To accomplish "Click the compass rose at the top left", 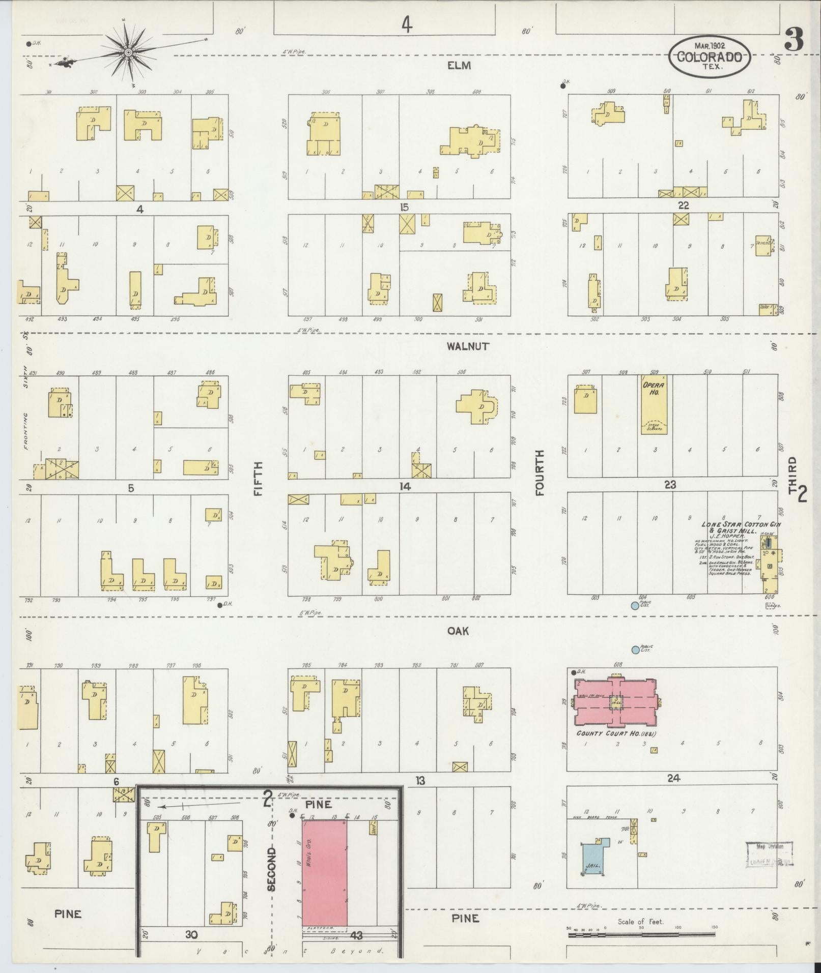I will point(128,52).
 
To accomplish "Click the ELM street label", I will point(459,65).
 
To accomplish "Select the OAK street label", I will point(458,631).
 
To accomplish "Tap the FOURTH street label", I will point(540,473).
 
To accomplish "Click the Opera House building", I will point(654,404).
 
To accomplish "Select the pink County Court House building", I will point(616,702).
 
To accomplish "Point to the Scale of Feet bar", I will point(641,935).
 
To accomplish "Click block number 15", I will point(405,208).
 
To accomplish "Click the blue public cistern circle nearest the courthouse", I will point(635,650).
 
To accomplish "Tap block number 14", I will point(405,487).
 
